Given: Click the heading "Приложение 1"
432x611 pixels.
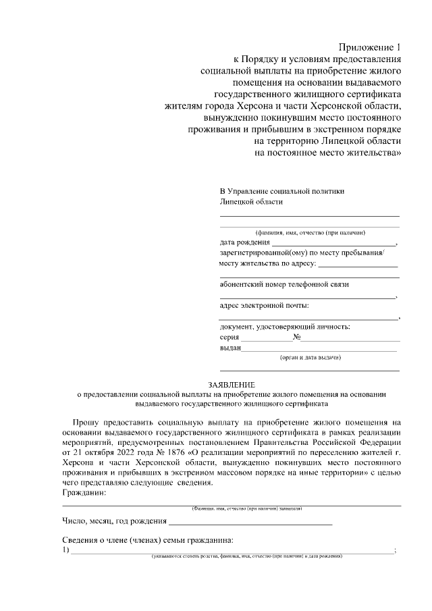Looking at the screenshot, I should pos(370,48).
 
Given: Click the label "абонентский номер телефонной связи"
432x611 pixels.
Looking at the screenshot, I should pos(284,284).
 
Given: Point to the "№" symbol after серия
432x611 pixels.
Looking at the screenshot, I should pos(296,337).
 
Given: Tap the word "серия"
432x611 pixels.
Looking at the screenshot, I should pos(230,337).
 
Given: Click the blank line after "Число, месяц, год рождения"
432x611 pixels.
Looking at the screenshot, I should pos(250,523).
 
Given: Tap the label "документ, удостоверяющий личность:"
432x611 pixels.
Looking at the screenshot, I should pos(284,327).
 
